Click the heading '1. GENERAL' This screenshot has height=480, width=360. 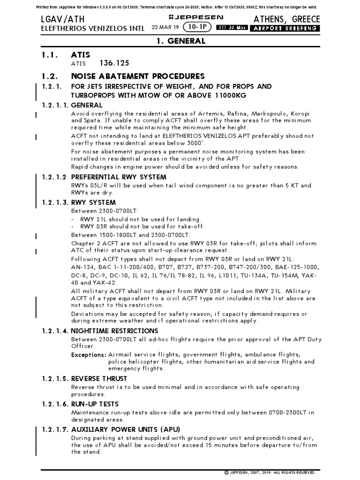[180, 41]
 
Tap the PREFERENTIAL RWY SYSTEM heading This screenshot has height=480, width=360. [118, 177]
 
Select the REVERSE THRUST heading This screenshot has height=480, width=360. [99, 379]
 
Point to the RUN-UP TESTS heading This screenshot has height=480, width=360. [95, 404]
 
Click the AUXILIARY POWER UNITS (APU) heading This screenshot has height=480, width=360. [125, 429]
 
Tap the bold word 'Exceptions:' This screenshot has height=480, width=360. [88, 355]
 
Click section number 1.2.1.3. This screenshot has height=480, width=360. [52, 202]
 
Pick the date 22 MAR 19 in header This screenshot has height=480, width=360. [165, 28]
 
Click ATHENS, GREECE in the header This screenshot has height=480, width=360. [286, 19]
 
